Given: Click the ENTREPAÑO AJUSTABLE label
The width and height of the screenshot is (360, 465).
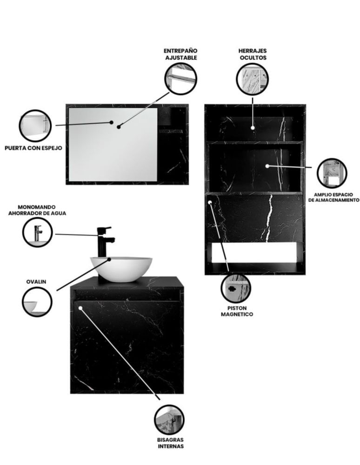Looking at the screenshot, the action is [180, 54].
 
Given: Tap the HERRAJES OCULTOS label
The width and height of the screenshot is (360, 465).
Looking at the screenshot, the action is [253, 54].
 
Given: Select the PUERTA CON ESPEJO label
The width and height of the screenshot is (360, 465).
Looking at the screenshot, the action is [33, 148].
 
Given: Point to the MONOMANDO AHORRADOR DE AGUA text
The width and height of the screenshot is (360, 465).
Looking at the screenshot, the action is [37, 210].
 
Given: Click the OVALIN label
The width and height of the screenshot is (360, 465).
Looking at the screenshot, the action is [36, 282].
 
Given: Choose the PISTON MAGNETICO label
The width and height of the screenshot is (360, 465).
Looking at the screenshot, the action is [237, 311].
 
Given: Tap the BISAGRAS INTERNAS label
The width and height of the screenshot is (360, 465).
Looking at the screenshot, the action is [171, 443].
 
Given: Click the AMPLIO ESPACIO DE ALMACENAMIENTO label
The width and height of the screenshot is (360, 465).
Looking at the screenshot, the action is [333, 198].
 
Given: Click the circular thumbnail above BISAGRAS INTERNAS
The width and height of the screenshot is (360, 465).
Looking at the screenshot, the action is [169, 420].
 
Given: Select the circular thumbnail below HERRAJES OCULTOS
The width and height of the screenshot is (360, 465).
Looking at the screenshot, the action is [253, 79].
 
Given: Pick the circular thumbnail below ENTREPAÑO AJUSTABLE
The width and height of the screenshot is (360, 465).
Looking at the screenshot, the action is [180, 78].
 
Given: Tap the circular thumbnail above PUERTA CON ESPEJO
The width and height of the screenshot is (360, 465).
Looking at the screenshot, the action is [35, 126].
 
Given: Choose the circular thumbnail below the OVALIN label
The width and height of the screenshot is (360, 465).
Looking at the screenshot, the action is [37, 302].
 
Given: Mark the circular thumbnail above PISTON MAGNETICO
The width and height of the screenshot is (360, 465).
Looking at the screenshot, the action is [236, 288].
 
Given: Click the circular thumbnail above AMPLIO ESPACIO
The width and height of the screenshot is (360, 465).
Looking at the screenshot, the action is [332, 173].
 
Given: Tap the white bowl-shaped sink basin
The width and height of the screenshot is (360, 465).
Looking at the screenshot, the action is [121, 269].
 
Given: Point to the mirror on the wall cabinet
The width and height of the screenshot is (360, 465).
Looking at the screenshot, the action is [113, 145].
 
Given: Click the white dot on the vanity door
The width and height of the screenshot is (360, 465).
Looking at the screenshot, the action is [80, 308].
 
